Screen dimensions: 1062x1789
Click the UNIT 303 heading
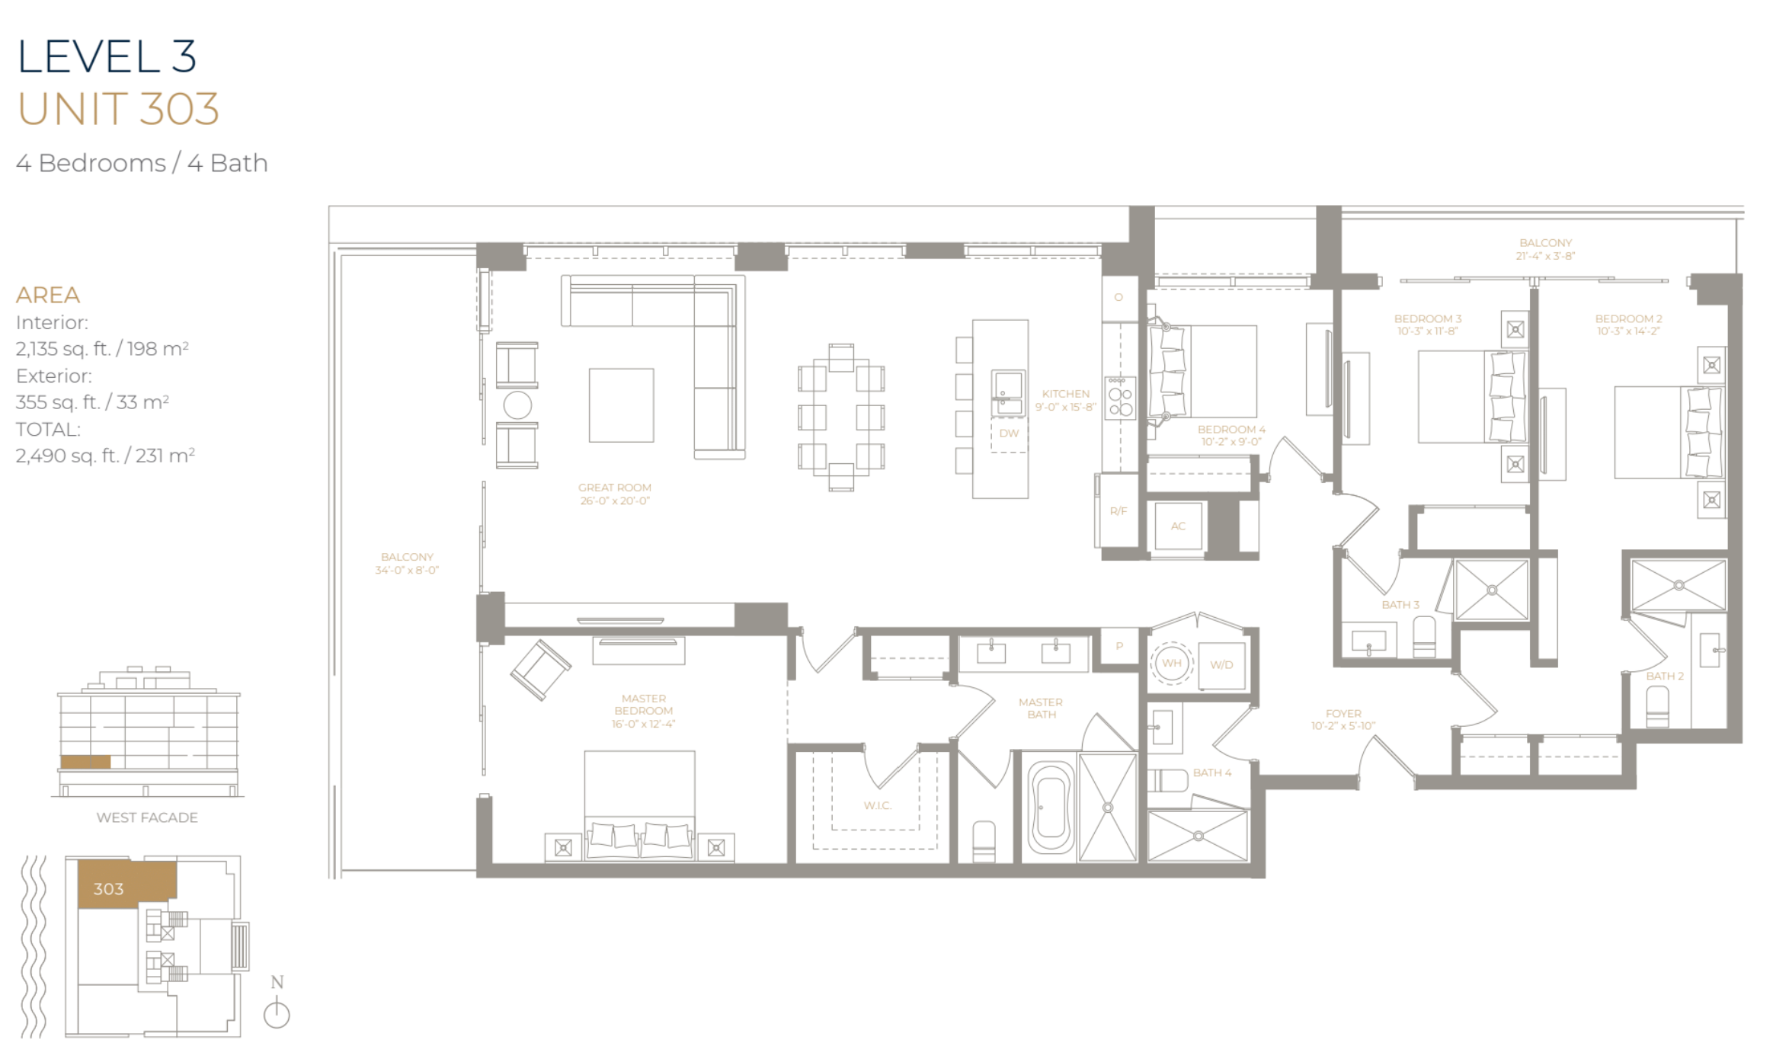(x=118, y=109)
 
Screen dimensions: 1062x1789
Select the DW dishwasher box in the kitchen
(x=1009, y=433)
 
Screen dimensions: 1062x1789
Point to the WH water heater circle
(x=1171, y=663)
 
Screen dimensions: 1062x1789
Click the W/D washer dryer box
(x=1221, y=664)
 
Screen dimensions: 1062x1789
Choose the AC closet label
(x=1178, y=526)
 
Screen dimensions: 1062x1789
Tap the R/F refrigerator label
(x=1118, y=511)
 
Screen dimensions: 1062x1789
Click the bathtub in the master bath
(x=1051, y=808)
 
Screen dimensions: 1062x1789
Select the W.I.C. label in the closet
(x=877, y=805)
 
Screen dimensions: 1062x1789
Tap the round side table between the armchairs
(x=517, y=405)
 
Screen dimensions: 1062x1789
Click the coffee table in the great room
(x=621, y=405)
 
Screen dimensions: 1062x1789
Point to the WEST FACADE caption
(x=147, y=817)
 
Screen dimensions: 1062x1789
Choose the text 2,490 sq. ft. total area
(x=105, y=456)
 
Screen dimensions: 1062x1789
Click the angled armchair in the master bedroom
(x=540, y=670)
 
